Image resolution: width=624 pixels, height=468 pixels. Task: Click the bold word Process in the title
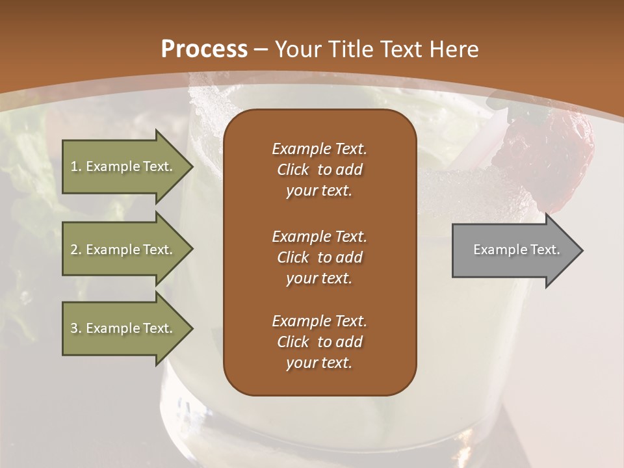[204, 49]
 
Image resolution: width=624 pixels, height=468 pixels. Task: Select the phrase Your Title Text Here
[377, 49]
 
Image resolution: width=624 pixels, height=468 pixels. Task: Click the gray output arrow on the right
[513, 250]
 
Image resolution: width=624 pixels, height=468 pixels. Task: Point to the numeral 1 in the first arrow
[74, 166]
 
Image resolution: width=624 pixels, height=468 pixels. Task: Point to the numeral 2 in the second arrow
[74, 250]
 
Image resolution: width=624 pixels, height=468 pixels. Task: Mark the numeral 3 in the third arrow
[74, 328]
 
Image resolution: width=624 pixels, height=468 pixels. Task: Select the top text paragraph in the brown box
[319, 170]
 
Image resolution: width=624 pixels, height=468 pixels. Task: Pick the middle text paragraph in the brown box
[319, 257]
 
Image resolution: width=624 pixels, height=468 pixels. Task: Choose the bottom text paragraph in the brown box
[319, 342]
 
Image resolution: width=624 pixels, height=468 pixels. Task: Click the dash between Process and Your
[261, 50]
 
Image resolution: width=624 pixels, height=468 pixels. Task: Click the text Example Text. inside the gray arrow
[517, 250]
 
